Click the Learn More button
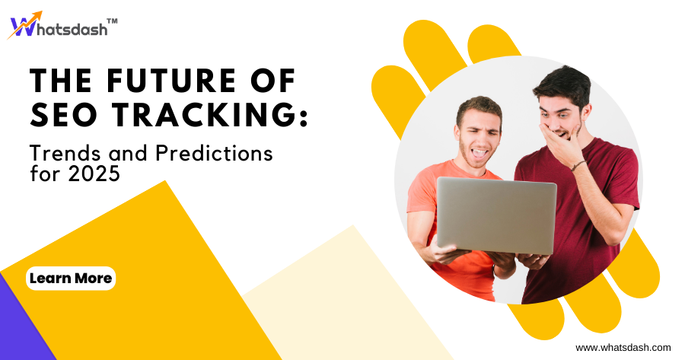tap(71, 279)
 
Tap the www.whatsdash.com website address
tap(623, 347)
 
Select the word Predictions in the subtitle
tap(214, 153)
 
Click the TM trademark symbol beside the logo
tap(112, 22)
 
